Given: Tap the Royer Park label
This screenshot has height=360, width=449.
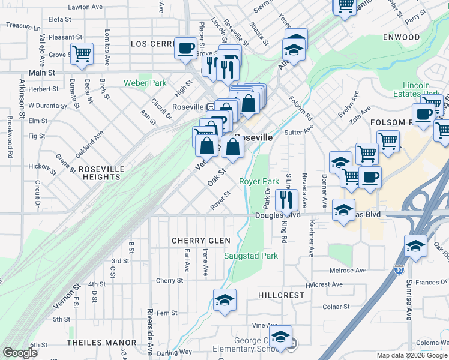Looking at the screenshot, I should point(259,181).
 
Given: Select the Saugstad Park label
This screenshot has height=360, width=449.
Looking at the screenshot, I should point(251,256).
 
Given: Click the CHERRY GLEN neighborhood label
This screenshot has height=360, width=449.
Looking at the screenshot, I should point(201,241).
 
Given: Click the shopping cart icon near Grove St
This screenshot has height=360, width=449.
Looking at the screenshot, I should point(82,53).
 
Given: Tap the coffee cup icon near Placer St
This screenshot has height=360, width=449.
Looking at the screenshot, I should point(186,47).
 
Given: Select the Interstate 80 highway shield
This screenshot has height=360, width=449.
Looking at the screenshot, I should point(399,271).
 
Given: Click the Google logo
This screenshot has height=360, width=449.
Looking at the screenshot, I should point(20,353).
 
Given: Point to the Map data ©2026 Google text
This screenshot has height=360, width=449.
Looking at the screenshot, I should point(411,355).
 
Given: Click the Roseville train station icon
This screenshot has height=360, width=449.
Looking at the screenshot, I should point(211,107).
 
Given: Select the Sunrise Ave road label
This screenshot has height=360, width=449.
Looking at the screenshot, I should point(409,300).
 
